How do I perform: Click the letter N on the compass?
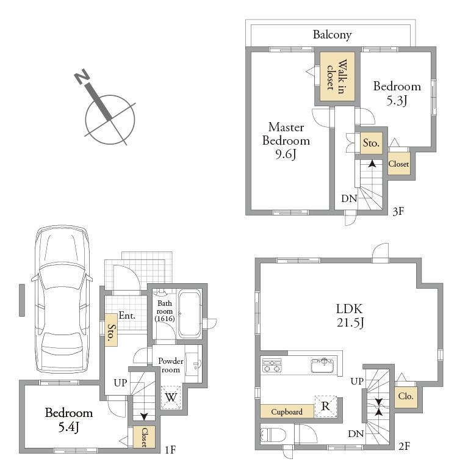(x=81, y=76)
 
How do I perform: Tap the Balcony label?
(x=332, y=35)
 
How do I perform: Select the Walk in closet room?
(x=337, y=76)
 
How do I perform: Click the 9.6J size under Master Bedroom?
(x=286, y=154)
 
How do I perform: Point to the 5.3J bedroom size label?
(x=397, y=101)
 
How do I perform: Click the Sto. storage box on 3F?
(x=371, y=143)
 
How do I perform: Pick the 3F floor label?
(x=398, y=211)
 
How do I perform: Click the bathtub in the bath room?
(x=189, y=314)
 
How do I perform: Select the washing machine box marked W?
(x=171, y=397)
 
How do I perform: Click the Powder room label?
(x=171, y=365)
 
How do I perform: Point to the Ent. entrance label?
(x=127, y=316)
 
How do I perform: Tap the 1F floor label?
(x=170, y=449)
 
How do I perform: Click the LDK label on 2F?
(x=350, y=309)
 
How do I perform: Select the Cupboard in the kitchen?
(x=287, y=411)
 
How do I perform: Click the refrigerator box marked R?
(x=326, y=406)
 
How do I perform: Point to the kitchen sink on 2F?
(x=323, y=366)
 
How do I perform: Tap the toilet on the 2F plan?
(x=273, y=435)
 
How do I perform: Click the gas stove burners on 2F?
(x=272, y=366)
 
